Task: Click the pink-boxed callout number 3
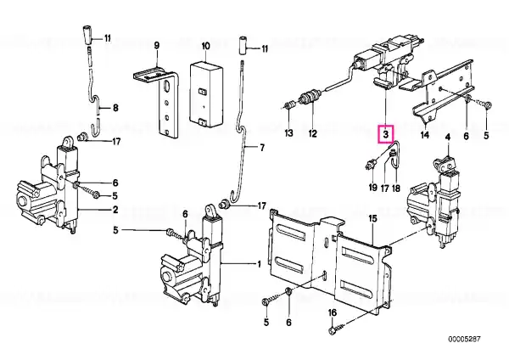pyautogui.click(x=386, y=134)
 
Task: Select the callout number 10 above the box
pyautogui.click(x=206, y=46)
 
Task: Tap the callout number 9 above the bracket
pyautogui.click(x=157, y=46)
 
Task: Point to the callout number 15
pyautogui.click(x=373, y=219)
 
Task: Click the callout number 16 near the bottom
pyautogui.click(x=333, y=313)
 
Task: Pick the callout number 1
pyautogui.click(x=259, y=264)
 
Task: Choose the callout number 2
pyautogui.click(x=115, y=210)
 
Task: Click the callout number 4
pyautogui.click(x=448, y=138)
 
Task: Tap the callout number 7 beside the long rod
pyautogui.click(x=262, y=148)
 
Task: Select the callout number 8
pyautogui.click(x=115, y=108)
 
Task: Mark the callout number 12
pyautogui.click(x=312, y=133)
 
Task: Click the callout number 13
pyautogui.click(x=288, y=133)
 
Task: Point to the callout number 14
pyautogui.click(x=425, y=134)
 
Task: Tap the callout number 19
pyautogui.click(x=372, y=188)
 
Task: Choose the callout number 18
pyautogui.click(x=396, y=188)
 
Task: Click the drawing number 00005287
pyautogui.click(x=464, y=340)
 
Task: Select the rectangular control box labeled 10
pyautogui.click(x=206, y=94)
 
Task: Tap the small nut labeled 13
pyautogui.click(x=289, y=105)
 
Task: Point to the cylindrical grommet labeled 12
pyautogui.click(x=310, y=97)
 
